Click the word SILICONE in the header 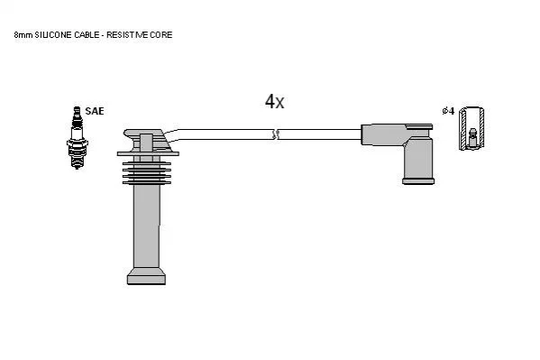pyautogui.click(x=53, y=35)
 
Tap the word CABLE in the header pyautogui.click(x=87, y=35)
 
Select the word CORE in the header pyautogui.click(x=161, y=35)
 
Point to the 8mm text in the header pyautogui.click(x=23, y=35)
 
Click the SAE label pyautogui.click(x=95, y=111)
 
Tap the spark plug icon pyautogui.click(x=78, y=138)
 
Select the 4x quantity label pyautogui.click(x=274, y=101)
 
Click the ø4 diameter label pyautogui.click(x=448, y=111)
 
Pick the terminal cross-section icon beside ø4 pyautogui.click(x=471, y=128)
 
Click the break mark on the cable pyautogui.click(x=276, y=134)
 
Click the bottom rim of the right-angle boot pyautogui.click(x=418, y=180)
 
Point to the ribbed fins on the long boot pyautogui.click(x=147, y=172)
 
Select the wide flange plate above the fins pyautogui.click(x=148, y=153)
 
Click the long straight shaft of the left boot pyautogui.click(x=147, y=226)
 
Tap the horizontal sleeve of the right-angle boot pyautogui.click(x=383, y=134)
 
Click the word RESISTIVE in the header pyautogui.click(x=127, y=35)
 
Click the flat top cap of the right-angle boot pyautogui.click(x=419, y=126)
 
